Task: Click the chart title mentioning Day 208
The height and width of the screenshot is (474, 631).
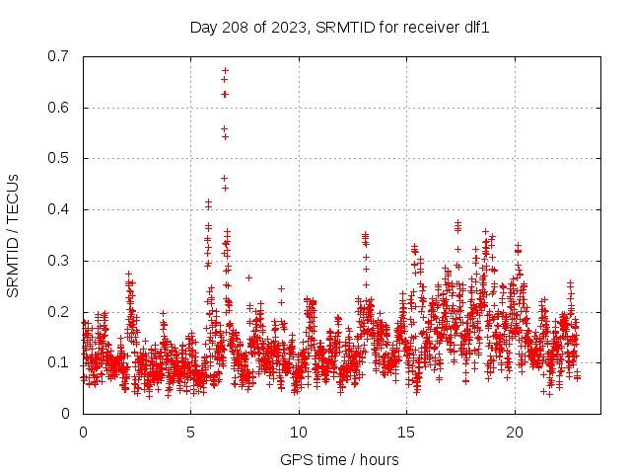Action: coord(339,28)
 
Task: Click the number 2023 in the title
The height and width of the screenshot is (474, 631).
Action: coord(289,28)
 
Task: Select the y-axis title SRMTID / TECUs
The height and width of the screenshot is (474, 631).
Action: coord(13,235)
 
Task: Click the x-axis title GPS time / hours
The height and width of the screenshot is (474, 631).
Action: coord(339,459)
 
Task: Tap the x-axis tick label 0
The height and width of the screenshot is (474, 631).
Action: coord(83,432)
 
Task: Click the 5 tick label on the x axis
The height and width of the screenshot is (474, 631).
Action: coord(190,432)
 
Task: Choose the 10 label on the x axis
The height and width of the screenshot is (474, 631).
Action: coord(298,432)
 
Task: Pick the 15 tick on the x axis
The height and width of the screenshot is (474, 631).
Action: coord(405,432)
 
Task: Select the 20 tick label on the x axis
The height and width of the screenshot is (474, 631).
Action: coord(513,432)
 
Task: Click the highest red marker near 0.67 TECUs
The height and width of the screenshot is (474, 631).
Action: coord(225,70)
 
